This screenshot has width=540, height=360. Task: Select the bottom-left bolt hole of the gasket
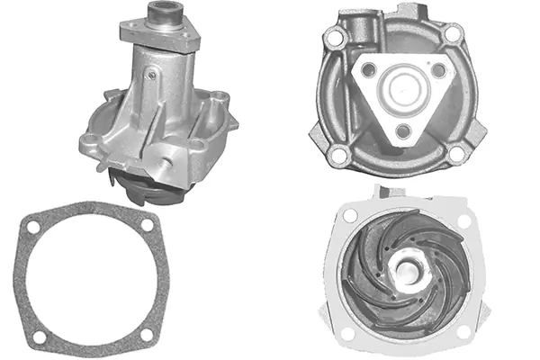tap(39, 337)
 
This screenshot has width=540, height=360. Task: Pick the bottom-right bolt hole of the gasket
tap(148, 334)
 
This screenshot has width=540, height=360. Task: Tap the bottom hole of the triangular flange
tap(401, 131)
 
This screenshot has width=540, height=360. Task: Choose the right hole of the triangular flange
tap(438, 69)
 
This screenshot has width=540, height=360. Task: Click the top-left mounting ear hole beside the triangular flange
tap(336, 39)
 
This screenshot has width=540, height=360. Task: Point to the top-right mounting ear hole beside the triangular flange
tap(454, 33)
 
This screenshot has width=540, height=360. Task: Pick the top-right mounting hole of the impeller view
tap(463, 220)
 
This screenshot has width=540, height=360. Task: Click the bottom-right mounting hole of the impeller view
tap(463, 331)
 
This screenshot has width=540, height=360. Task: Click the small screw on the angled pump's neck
tap(153, 76)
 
